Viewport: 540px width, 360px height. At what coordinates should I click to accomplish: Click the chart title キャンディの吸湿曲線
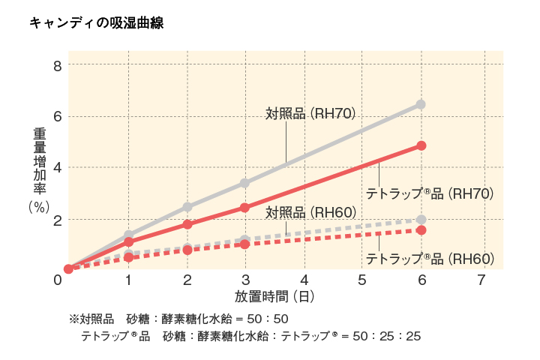95,23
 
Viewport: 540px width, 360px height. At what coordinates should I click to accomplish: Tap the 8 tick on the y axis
57,65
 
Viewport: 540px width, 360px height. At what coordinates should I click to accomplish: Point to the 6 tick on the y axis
57,116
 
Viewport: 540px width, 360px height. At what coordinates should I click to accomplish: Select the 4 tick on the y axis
57,168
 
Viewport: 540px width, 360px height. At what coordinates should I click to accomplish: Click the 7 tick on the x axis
481,280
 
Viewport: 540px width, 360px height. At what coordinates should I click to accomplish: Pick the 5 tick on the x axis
363,280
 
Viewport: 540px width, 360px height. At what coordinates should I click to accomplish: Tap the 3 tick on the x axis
246,280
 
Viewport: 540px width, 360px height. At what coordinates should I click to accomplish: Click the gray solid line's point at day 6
421,104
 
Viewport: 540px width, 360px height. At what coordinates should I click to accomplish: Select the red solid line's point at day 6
421,145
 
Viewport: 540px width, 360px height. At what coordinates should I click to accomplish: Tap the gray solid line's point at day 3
245,183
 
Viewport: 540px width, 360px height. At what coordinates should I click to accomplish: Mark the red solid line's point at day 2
187,224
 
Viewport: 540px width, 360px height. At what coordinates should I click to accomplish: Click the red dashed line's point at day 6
421,229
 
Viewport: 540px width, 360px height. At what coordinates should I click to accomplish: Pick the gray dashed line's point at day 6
421,220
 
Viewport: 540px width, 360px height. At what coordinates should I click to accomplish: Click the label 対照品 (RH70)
310,113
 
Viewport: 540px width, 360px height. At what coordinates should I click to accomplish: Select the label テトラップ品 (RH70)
429,193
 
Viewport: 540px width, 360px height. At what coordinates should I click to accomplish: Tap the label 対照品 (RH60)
310,212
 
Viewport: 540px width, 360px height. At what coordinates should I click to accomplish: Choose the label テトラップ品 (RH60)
429,259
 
